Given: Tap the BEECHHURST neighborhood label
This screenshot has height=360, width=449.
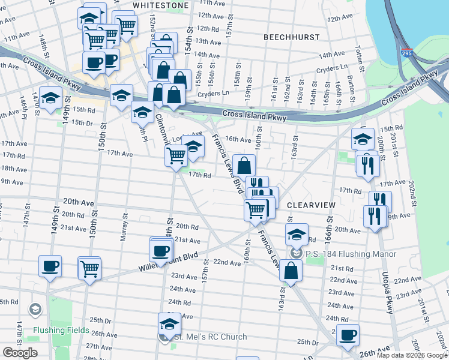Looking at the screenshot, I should coord(291,37).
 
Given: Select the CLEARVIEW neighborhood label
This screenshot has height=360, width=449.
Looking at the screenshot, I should coord(310,205).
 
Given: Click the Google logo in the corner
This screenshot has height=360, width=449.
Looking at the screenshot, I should coord(20,353).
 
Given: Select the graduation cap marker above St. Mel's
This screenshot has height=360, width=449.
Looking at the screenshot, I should coord(170,325).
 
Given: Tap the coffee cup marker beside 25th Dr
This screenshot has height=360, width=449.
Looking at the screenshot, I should coord(347,335).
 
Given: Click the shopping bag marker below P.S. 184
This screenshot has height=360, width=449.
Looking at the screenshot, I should coord(291,270).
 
